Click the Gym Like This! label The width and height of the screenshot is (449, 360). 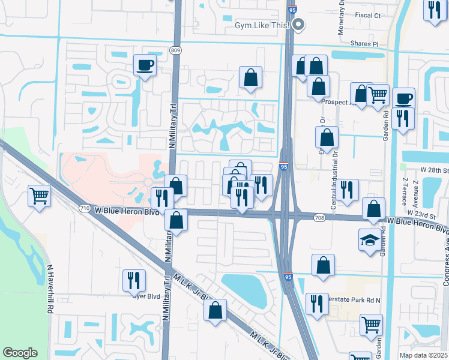point(262,25)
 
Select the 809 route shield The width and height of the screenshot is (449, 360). point(175,50)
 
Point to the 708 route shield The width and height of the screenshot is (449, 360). point(319,217)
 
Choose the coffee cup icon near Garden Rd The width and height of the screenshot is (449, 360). point(403,97)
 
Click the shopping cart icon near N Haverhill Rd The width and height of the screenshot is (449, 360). point(39,195)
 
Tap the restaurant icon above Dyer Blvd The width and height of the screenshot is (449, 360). point(134,280)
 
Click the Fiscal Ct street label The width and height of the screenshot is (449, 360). point(368,14)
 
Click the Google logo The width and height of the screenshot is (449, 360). point(20,353)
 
